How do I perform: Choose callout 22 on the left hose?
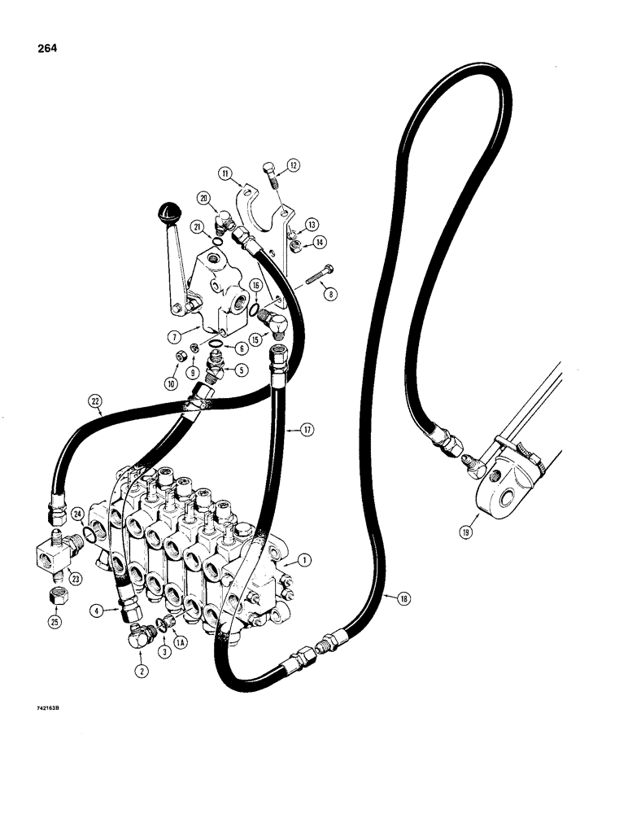pos(97,400)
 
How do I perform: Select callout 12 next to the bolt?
pos(293,166)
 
